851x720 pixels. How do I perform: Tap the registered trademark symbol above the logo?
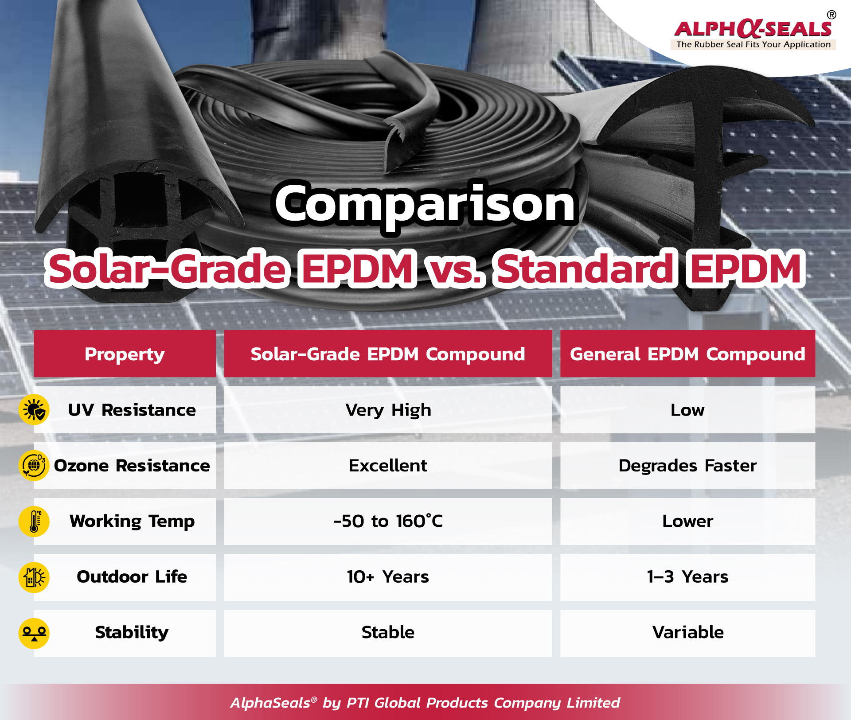[x=831, y=15]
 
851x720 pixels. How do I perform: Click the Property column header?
[x=125, y=354]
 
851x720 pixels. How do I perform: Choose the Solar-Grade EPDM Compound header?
[x=388, y=354]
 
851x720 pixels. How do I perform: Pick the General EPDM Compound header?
[x=687, y=354]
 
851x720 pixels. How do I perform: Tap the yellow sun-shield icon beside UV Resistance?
[x=34, y=410]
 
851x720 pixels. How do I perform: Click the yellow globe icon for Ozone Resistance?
[x=34, y=465]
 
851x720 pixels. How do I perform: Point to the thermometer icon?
[x=34, y=521]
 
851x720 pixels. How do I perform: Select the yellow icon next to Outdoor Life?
[x=34, y=577]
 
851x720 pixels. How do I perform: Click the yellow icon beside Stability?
[x=34, y=633]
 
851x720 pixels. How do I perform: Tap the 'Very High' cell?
[x=388, y=410]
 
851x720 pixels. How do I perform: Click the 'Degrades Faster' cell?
[x=687, y=465]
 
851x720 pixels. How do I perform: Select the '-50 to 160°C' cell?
[x=388, y=521]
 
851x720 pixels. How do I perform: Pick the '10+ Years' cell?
[x=388, y=577]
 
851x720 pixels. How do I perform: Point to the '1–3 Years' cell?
[x=687, y=577]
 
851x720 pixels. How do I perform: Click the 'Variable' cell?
[x=687, y=633]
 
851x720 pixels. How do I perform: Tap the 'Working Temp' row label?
[x=132, y=522]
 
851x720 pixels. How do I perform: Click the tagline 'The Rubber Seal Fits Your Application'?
[x=753, y=44]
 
